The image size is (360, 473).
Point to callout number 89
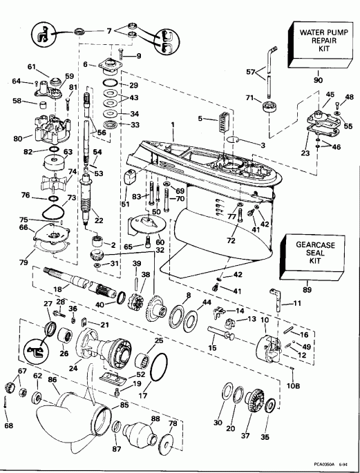pyautogui.click(x=308, y=293)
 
